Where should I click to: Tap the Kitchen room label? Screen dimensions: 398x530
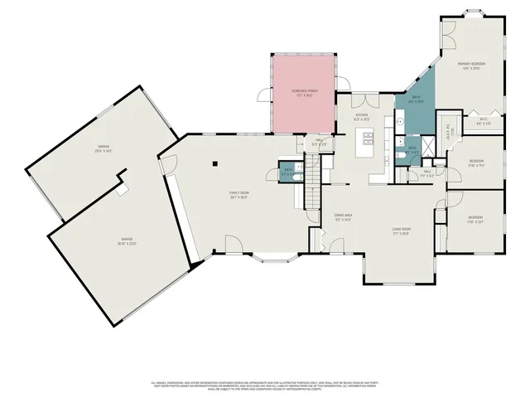click(x=361, y=117)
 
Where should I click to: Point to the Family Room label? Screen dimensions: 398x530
click(x=239, y=196)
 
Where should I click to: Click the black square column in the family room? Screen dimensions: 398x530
click(x=214, y=163)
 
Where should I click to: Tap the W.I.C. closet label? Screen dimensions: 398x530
click(x=483, y=123)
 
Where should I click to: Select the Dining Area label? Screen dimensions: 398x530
click(x=343, y=218)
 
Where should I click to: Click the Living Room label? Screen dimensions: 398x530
click(x=402, y=231)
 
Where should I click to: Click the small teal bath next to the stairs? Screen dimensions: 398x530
click(x=286, y=172)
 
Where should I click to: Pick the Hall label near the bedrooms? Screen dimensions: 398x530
click(x=426, y=175)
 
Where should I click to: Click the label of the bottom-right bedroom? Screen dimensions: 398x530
click(x=475, y=220)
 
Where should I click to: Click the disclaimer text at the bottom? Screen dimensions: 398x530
click(x=265, y=386)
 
